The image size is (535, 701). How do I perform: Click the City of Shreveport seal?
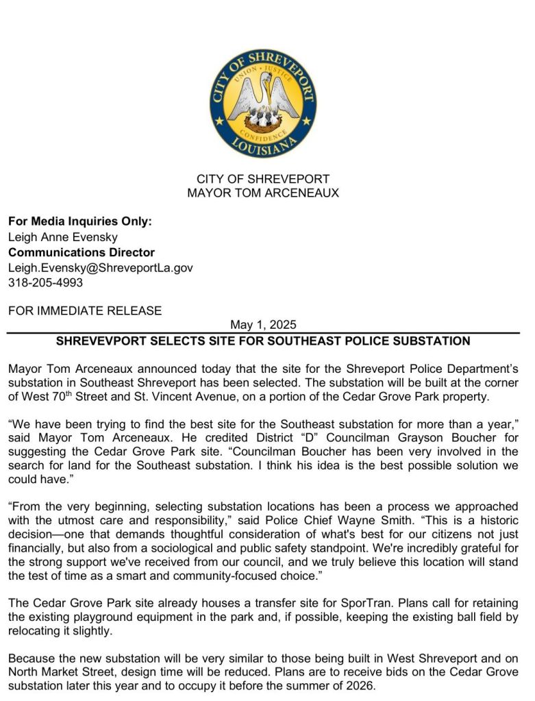pos(263,103)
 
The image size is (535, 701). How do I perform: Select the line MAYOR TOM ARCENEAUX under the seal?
pos(263,193)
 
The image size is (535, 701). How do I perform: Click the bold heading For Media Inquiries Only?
pos(80,222)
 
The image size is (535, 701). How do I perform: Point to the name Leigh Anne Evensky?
pos(63,237)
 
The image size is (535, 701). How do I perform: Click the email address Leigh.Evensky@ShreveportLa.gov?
pos(101,267)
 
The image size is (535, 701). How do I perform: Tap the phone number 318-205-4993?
pos(45,282)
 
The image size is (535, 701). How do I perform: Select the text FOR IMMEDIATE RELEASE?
pos(85,311)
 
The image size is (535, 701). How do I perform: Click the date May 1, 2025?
pos(263,325)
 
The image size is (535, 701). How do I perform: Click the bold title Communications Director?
pos(82,252)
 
